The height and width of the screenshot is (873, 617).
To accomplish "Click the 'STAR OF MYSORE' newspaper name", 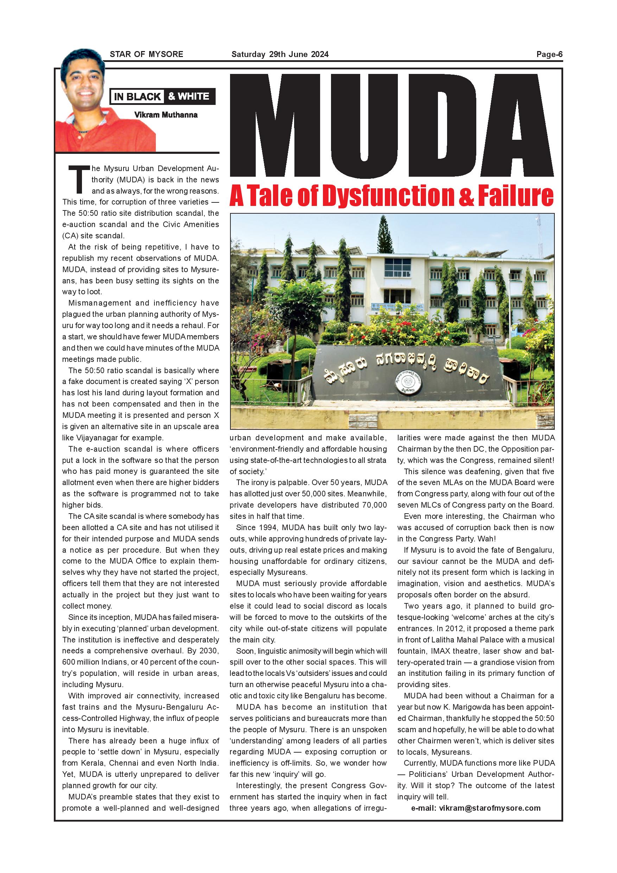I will (x=146, y=54).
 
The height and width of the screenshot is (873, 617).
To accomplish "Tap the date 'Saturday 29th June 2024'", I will (x=280, y=54).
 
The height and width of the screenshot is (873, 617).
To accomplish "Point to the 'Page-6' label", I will (x=549, y=54).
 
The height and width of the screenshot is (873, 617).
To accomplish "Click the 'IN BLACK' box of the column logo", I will (x=137, y=96).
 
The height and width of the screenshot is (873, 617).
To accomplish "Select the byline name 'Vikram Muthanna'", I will (x=166, y=115).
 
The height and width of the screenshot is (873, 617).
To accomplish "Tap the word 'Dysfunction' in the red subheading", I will (x=388, y=195).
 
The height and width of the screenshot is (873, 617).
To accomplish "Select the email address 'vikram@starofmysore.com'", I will (x=490, y=808).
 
